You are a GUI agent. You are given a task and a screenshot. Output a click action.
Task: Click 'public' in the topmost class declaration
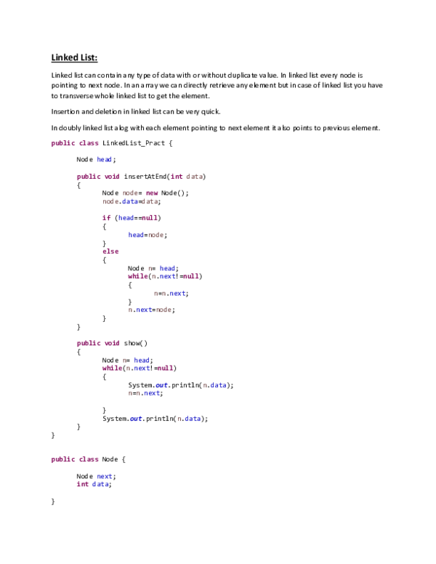(x=62, y=143)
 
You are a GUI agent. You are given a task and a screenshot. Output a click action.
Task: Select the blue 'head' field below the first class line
(x=105, y=159)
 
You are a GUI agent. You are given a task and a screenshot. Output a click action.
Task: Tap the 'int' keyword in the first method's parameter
(x=177, y=177)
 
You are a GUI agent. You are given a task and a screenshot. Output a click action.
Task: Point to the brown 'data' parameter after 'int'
(x=194, y=177)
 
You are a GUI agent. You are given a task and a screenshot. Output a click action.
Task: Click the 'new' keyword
(x=151, y=193)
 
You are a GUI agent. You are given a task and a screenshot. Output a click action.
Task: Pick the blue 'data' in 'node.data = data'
(x=129, y=202)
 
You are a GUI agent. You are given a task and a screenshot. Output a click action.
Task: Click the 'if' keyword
(x=106, y=217)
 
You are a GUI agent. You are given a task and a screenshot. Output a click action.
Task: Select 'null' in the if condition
(x=149, y=217)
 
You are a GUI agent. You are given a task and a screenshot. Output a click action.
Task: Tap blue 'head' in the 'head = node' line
(x=136, y=235)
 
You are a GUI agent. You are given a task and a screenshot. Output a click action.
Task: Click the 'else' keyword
(x=110, y=251)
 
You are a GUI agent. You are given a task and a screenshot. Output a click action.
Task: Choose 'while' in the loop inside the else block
(x=137, y=277)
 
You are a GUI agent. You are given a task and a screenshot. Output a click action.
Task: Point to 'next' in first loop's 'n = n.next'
(x=178, y=294)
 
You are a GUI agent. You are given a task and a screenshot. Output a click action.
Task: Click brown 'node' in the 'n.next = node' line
(x=163, y=310)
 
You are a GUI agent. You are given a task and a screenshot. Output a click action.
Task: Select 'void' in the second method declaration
(x=111, y=344)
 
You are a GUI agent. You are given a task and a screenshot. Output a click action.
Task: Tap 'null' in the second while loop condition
(x=165, y=368)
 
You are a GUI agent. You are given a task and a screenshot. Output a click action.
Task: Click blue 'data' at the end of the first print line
(x=218, y=386)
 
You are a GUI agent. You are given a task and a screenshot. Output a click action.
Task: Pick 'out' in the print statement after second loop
(x=136, y=419)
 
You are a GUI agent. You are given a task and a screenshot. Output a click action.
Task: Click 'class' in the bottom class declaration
(x=89, y=459)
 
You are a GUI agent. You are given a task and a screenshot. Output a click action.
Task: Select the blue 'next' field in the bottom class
(x=105, y=477)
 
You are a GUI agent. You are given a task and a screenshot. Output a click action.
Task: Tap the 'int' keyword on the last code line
(x=82, y=485)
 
